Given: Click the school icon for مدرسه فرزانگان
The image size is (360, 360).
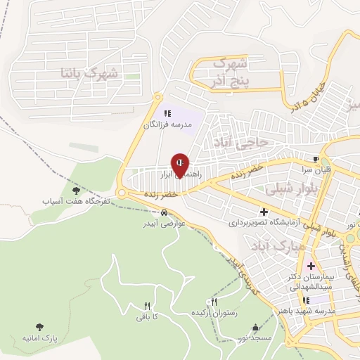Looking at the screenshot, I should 167,112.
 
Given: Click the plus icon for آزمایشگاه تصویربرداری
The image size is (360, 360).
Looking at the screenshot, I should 264,212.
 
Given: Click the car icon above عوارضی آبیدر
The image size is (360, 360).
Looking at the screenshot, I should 165,214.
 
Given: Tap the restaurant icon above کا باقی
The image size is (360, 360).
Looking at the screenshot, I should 147,307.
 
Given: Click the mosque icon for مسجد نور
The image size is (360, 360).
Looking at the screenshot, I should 255,328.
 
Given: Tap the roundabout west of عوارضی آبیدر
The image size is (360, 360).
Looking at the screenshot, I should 122,193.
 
